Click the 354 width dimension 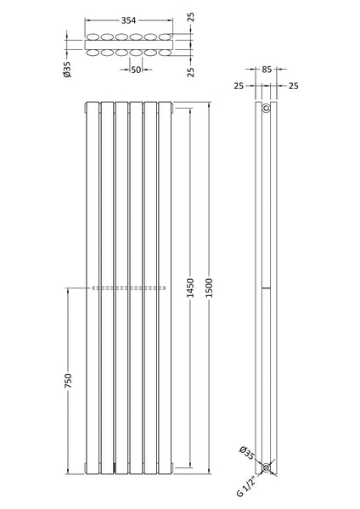[x=129, y=19]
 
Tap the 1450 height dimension [x=190, y=288]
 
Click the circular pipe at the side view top [x=267, y=109]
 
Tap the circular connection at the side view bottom [x=267, y=467]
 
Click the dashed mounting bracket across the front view [x=129, y=288]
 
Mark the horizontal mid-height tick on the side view [x=267, y=288]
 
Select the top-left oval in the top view [x=92, y=36]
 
